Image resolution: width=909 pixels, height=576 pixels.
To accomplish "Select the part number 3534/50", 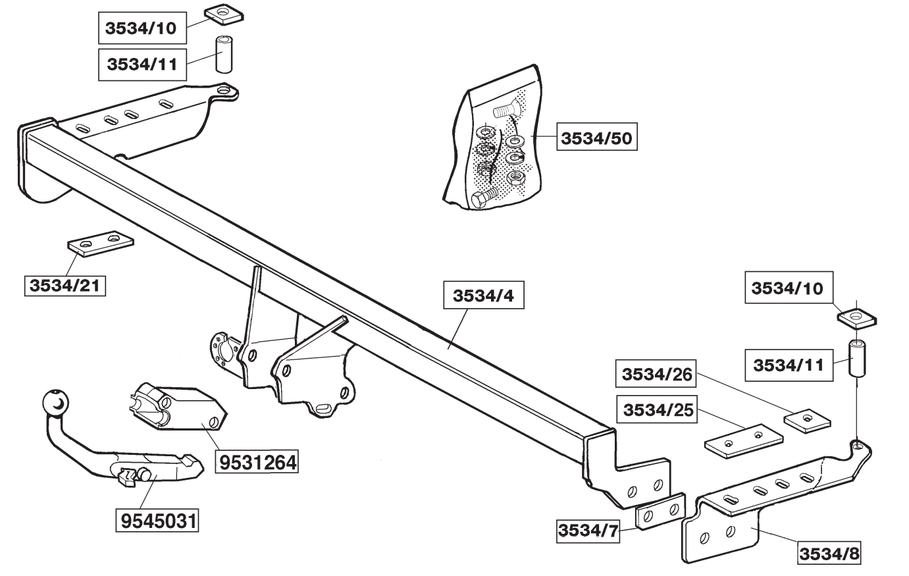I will pyautogui.click(x=598, y=139).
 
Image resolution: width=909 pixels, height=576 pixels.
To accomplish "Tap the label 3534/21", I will pyautogui.click(x=65, y=286).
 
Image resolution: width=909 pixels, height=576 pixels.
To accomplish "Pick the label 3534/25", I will pyautogui.click(x=654, y=409).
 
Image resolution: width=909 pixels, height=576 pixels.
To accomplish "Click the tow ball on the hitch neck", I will pyautogui.click(x=55, y=404).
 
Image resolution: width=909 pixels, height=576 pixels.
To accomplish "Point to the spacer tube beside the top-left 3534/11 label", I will pyautogui.click(x=225, y=55).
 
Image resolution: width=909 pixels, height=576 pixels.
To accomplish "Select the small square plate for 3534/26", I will pyautogui.click(x=808, y=419).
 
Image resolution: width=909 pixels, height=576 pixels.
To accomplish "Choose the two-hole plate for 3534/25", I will pyautogui.click(x=744, y=439).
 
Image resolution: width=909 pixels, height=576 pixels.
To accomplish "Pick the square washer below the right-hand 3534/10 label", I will pyautogui.click(x=856, y=317).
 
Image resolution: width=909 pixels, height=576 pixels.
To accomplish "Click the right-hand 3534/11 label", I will pyautogui.click(x=789, y=365).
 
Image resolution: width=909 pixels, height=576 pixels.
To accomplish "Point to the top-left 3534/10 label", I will pyautogui.click(x=142, y=29).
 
